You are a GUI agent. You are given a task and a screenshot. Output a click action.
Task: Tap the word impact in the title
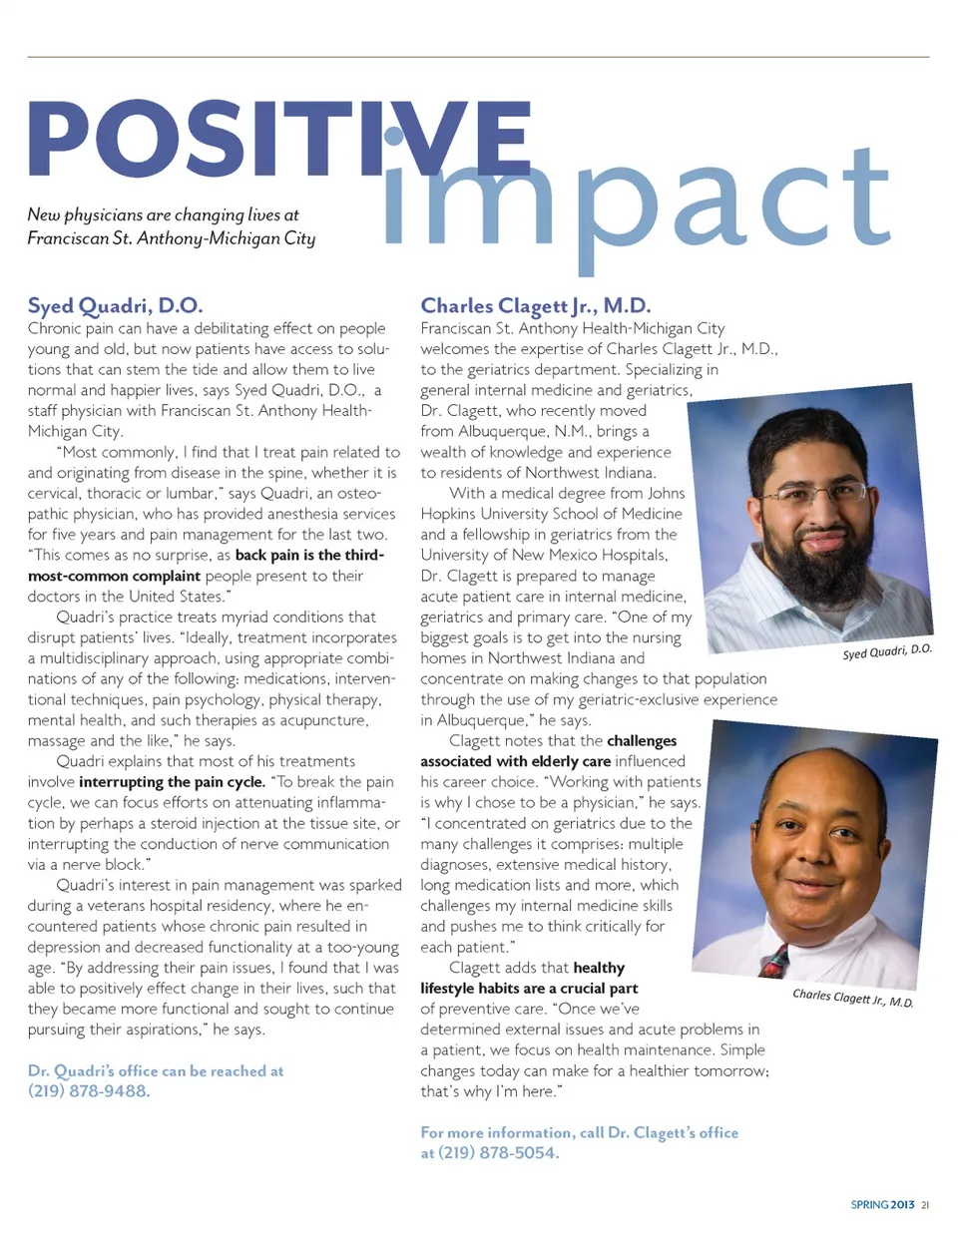click(x=639, y=200)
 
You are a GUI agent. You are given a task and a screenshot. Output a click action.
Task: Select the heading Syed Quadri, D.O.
click(x=115, y=305)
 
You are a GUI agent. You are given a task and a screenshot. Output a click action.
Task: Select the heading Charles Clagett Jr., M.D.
click(x=535, y=305)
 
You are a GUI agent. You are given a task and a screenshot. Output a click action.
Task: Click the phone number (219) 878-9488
click(x=89, y=1091)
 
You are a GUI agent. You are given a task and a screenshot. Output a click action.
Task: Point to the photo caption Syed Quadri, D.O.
click(x=886, y=651)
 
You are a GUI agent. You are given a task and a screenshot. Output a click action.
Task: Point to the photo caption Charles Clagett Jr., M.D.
click(x=852, y=998)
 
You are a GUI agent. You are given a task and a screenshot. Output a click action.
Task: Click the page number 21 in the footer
click(x=925, y=1205)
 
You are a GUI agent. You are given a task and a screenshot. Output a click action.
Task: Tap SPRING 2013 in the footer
click(x=882, y=1205)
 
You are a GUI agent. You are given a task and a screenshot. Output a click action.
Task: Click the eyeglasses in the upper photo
click(x=813, y=494)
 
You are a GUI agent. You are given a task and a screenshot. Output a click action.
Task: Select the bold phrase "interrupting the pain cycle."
click(x=172, y=782)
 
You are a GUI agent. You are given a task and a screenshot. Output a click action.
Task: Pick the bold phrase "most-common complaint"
click(x=114, y=576)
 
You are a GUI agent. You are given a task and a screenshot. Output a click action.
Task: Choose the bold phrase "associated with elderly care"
click(x=515, y=761)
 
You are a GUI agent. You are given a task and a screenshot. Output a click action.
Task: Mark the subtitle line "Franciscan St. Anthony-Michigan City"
click(x=171, y=238)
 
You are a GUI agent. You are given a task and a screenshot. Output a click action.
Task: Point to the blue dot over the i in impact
click(x=396, y=136)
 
